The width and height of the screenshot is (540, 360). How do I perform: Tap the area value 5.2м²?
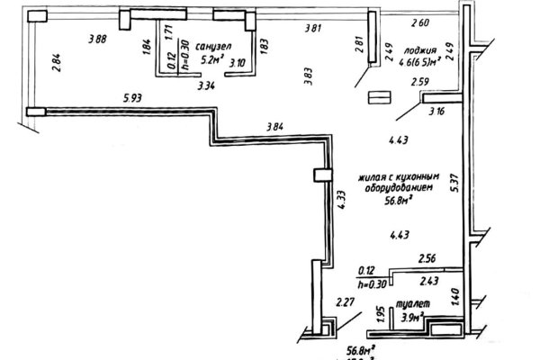click(211, 62)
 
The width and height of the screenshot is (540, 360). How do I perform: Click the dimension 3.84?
click(275, 127)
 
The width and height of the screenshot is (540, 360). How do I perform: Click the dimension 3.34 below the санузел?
click(205, 87)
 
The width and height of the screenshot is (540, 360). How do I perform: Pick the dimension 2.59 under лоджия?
click(420, 83)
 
